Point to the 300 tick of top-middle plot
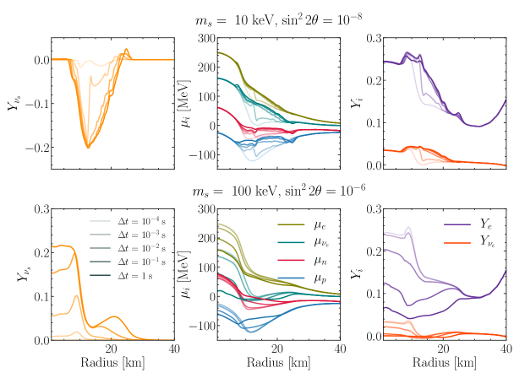204,39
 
